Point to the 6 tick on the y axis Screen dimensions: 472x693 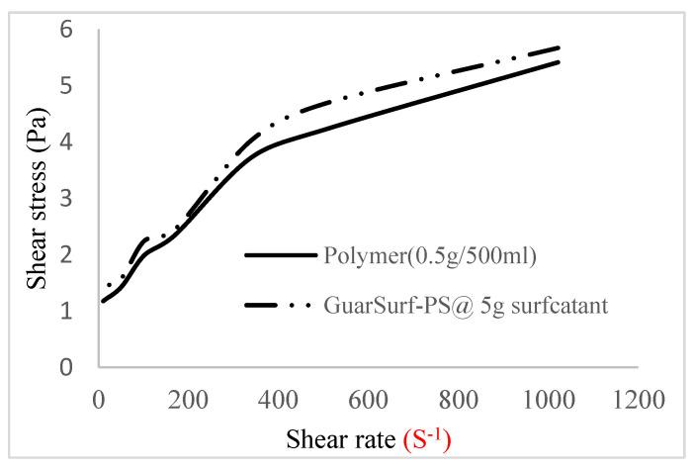click(x=67, y=30)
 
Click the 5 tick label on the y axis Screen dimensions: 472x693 click(x=67, y=86)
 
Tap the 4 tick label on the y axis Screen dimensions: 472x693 click(x=67, y=142)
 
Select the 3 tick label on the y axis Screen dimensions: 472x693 click(x=67, y=199)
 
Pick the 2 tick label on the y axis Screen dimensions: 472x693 click(x=67, y=255)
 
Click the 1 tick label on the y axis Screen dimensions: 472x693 click(x=67, y=312)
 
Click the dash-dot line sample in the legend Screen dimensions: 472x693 click(x=279, y=306)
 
